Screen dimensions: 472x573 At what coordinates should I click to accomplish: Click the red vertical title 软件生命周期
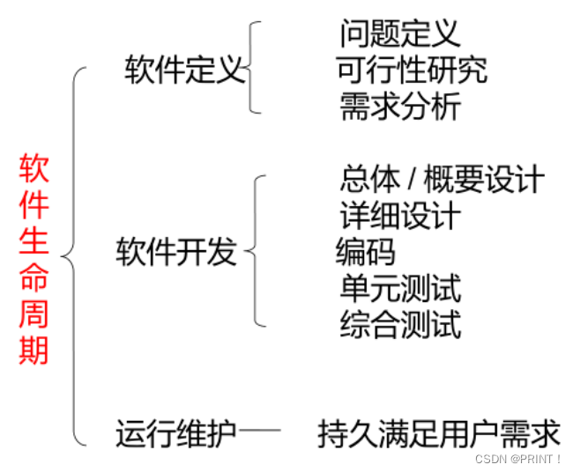[34, 260]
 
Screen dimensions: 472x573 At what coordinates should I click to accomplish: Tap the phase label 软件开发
[176, 252]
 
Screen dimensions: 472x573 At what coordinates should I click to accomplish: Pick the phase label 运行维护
[176, 433]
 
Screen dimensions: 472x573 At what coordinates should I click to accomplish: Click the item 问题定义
[399, 33]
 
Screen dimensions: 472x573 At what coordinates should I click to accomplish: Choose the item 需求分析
[399, 107]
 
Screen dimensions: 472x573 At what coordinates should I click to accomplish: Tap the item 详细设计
[399, 216]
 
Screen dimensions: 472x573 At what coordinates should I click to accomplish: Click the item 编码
[365, 252]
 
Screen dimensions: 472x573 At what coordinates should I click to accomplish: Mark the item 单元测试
[399, 288]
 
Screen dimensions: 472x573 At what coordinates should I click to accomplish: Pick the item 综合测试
[399, 324]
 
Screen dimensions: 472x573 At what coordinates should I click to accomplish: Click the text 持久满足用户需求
[439, 433]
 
